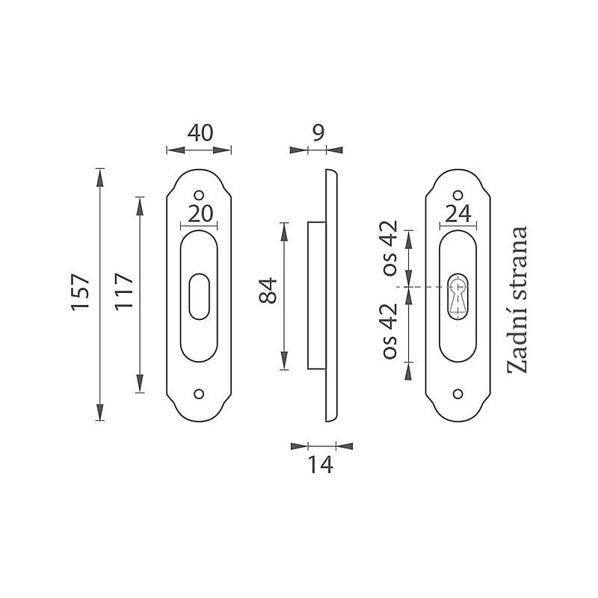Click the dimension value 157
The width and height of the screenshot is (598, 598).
tap(81, 292)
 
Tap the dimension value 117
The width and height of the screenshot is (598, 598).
tap(124, 291)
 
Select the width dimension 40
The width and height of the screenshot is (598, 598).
tap(200, 133)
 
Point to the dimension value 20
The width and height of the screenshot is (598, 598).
tap(200, 214)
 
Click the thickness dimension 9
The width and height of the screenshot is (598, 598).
tap(318, 133)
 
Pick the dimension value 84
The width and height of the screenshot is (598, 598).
tap(268, 291)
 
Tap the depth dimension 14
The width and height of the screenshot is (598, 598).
tap(321, 465)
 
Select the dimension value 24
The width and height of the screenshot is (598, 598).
tap(458, 214)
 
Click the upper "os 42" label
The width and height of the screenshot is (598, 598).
tap(390, 248)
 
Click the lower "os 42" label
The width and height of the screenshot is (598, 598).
tap(390, 331)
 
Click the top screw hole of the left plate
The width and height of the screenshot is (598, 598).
tap(199, 196)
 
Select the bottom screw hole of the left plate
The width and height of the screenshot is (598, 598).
tap(199, 394)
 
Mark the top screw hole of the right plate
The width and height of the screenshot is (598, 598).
tap(457, 196)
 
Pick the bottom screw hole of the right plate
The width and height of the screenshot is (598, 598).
tap(457, 394)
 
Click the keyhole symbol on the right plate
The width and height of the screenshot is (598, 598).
tap(457, 296)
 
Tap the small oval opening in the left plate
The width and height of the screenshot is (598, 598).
tap(199, 296)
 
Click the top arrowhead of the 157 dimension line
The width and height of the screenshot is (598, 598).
tap(100, 178)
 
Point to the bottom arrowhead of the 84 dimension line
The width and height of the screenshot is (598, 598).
tap(284, 361)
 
